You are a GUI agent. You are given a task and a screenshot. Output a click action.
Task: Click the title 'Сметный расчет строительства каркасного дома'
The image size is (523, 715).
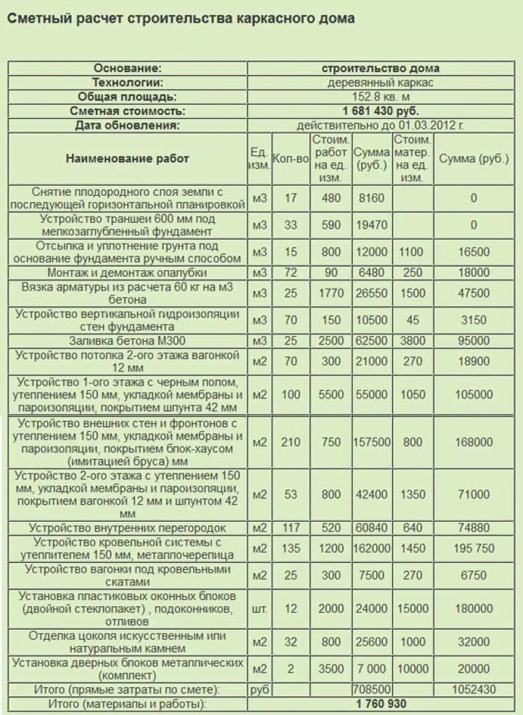[181, 19]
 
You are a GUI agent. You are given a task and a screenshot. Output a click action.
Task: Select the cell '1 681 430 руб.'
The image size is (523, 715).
[380, 111]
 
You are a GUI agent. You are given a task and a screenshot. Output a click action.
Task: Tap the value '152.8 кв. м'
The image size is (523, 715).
[380, 97]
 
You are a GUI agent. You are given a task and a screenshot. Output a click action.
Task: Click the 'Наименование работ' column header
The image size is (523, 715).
[127, 159]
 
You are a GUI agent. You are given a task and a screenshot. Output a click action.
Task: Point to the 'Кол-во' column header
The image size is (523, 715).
[291, 159]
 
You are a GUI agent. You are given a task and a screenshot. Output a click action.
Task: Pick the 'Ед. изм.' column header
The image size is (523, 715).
[259, 159]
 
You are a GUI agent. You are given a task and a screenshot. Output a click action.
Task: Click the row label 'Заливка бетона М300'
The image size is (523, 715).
[127, 341]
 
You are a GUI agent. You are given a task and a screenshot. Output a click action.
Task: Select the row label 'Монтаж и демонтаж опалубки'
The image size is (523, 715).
[127, 273]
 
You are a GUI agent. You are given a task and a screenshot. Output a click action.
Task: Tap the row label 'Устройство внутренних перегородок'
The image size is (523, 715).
[127, 528]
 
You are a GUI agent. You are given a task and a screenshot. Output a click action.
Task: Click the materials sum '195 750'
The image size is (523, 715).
[473, 548]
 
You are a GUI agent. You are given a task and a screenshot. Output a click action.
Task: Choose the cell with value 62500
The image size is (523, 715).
[371, 341]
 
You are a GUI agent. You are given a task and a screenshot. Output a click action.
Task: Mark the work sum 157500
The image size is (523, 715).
[371, 442]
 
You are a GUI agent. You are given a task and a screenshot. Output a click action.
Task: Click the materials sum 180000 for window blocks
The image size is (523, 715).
[473, 609]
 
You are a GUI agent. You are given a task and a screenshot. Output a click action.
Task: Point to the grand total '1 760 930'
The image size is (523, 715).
[380, 704]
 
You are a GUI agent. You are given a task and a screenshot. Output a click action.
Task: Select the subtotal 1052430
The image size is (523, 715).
[473, 690]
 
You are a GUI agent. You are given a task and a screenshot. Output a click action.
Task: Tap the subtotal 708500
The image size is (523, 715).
[371, 690]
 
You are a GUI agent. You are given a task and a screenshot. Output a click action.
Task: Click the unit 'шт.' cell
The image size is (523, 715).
[259, 609]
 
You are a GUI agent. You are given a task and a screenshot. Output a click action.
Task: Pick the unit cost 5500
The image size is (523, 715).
[330, 394]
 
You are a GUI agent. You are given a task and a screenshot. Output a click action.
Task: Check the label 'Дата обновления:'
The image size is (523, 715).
[127, 125]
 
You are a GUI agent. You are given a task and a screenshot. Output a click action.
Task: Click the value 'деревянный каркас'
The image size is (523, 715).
[380, 83]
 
